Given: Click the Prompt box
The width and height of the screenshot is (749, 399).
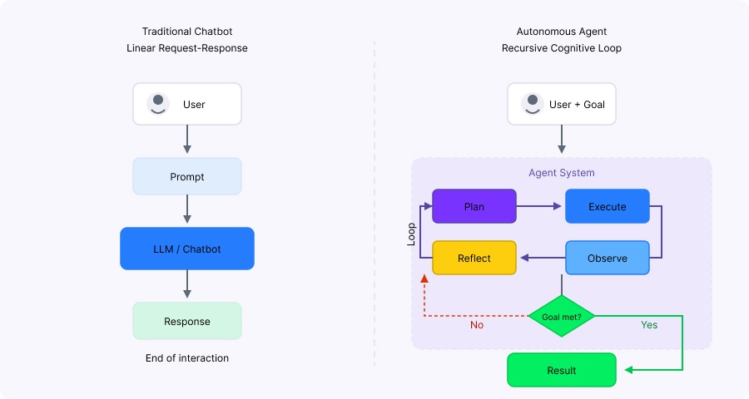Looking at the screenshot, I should [187, 176].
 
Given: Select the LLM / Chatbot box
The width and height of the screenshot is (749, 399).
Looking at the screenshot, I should [187, 249].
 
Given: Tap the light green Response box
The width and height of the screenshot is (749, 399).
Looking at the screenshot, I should [187, 321].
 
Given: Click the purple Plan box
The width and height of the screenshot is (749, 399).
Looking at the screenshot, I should [474, 206].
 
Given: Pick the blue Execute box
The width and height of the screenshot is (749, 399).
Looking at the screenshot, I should [608, 206].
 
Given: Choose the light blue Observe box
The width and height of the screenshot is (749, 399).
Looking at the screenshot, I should [608, 258].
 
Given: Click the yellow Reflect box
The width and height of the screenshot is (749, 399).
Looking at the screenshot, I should [474, 258].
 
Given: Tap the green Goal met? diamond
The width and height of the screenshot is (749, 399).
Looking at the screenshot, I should [562, 317].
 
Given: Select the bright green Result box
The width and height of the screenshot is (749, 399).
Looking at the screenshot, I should [562, 370].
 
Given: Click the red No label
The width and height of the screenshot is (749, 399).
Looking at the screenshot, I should [477, 325].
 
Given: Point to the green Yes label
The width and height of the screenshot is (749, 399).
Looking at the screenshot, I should [649, 325].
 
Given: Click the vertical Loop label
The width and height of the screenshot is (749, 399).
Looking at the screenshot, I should [411, 233].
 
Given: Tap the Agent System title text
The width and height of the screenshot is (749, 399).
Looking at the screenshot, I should [562, 173].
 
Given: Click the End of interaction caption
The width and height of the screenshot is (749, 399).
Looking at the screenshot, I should [187, 358].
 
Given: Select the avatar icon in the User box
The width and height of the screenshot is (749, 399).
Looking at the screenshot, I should [157, 104].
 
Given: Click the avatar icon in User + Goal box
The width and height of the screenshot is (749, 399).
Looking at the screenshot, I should [532, 104].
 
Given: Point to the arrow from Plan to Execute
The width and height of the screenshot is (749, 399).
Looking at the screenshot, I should [540, 206].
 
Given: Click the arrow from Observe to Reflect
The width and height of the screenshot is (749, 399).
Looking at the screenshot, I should [541, 258].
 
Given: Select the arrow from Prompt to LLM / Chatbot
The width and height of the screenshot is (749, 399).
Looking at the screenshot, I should [187, 210].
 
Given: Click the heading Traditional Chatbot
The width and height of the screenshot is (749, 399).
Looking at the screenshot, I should [187, 32].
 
